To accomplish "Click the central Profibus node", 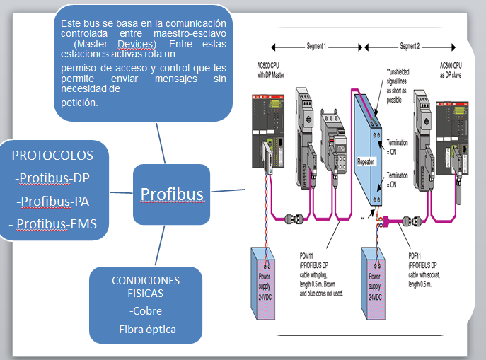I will click(x=171, y=194).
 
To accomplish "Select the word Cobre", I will click(x=146, y=311).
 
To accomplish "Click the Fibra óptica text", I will click(x=146, y=329).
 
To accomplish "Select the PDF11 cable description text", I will click(x=427, y=269).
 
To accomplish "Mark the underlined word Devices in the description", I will click(x=145, y=44).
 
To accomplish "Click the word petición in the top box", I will click(x=79, y=103).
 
